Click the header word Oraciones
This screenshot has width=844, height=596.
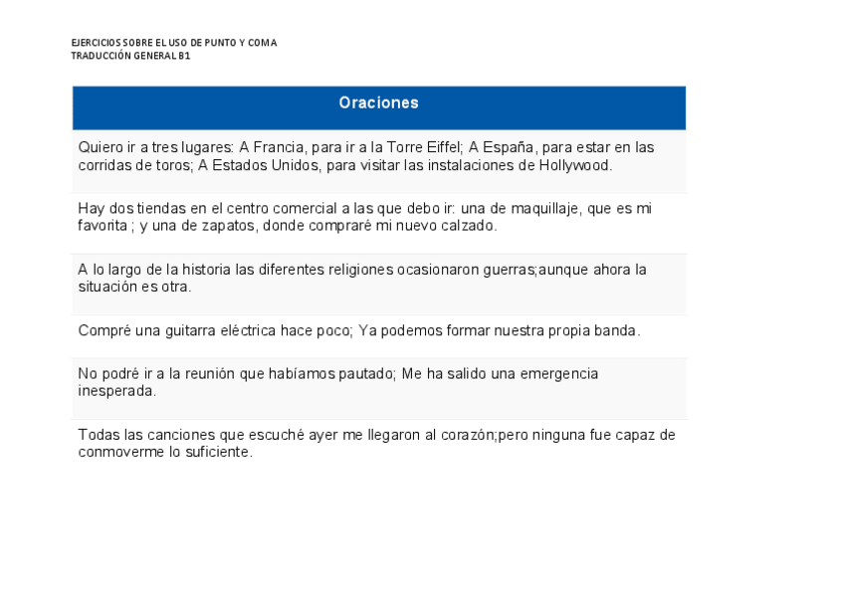(378, 103)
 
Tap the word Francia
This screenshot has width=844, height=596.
(280, 147)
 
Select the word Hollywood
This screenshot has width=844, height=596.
(574, 165)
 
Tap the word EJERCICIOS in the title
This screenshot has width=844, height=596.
(96, 43)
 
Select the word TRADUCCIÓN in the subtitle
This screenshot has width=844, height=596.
(101, 56)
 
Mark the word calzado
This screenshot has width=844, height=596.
(465, 227)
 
